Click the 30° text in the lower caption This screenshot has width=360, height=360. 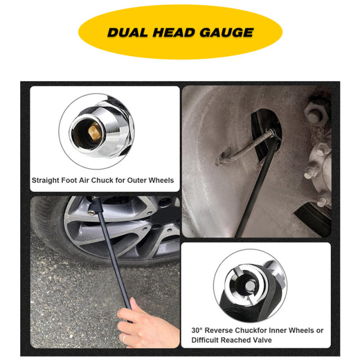pyautogui.click(x=198, y=330)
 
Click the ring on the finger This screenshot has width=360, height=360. pyautogui.click(x=124, y=337)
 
